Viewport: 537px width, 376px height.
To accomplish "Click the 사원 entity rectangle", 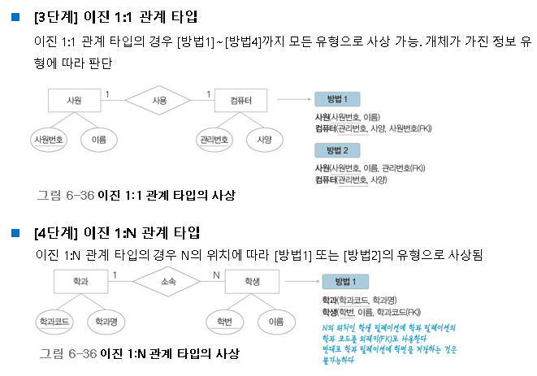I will [x=75, y=101].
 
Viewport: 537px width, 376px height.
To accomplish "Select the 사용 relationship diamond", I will [x=158, y=101].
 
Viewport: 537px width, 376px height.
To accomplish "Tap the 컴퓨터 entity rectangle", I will [x=241, y=101].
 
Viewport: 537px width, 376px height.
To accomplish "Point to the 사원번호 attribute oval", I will [x=49, y=139].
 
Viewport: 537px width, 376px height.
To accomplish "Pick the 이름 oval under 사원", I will [x=99, y=139].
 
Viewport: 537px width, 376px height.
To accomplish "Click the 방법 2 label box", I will [x=337, y=150].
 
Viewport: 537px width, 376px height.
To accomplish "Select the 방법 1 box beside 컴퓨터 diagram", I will [x=337, y=99].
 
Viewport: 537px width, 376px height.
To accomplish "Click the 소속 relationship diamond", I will [x=168, y=282].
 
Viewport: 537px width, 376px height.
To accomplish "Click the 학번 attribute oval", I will [x=225, y=322].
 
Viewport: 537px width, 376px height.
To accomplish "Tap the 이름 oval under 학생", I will [x=275, y=322].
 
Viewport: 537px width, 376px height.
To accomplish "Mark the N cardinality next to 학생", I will [x=215, y=274].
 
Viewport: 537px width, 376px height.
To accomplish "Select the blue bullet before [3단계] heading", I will [x=15, y=16].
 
